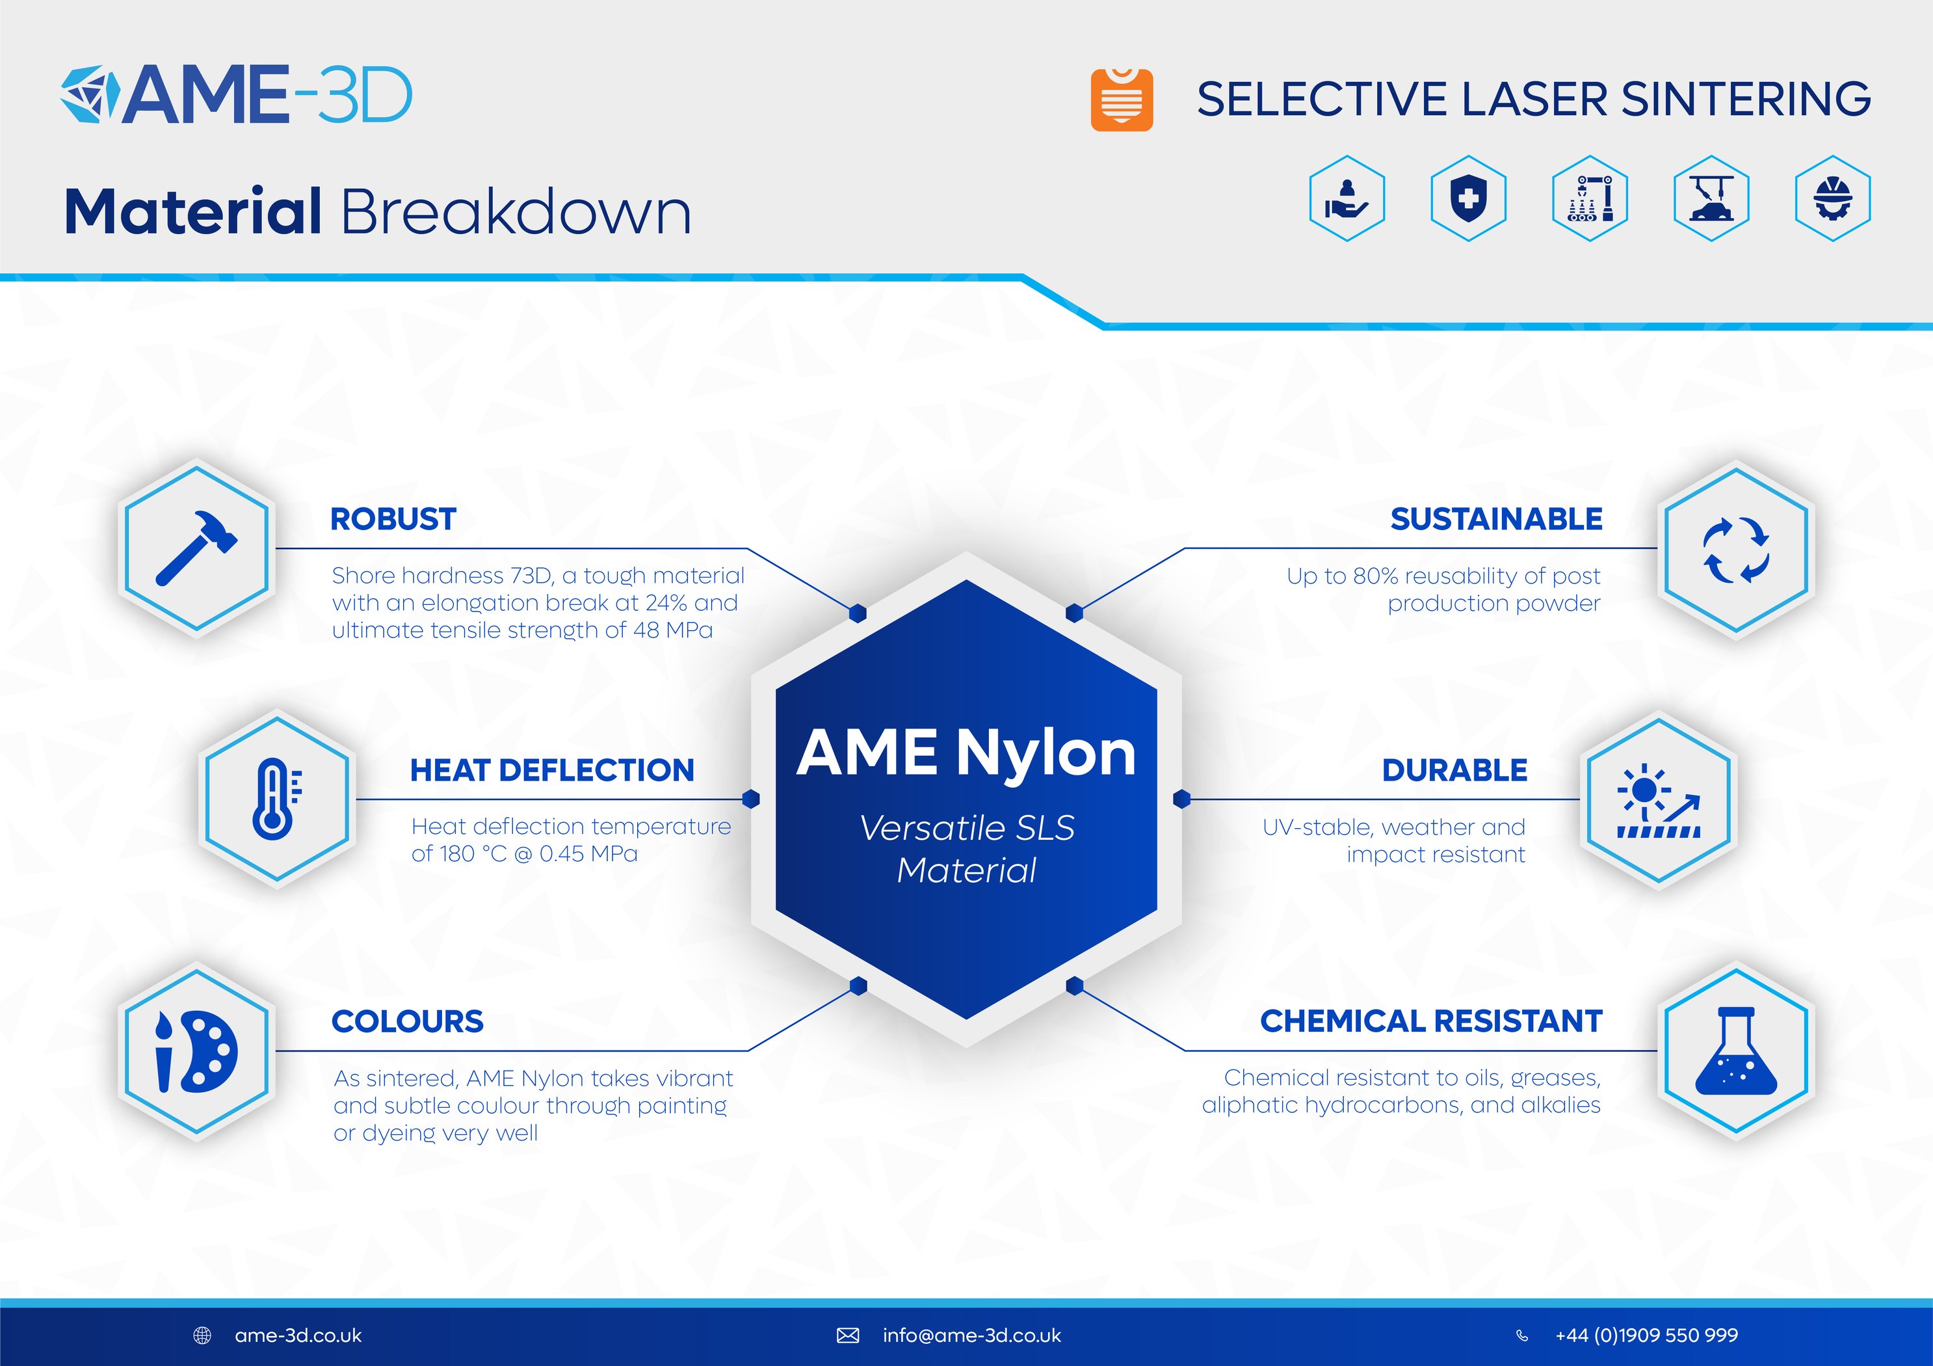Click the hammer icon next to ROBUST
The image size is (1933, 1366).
[196, 548]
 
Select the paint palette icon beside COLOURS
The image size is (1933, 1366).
[196, 1051]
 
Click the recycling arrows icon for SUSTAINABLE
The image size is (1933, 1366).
[1735, 549]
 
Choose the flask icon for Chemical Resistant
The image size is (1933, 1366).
[1735, 1051]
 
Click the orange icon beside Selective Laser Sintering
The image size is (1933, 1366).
[1122, 100]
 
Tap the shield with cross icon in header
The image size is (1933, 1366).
[1468, 199]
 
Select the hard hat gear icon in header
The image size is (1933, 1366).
[1832, 199]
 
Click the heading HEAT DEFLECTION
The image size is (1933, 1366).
[551, 770]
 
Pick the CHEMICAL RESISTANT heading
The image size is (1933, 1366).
[1430, 1021]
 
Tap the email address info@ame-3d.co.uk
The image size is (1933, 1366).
[971, 1335]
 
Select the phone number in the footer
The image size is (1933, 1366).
[1646, 1335]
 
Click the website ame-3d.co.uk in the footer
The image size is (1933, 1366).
[298, 1335]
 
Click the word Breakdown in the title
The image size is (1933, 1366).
[515, 211]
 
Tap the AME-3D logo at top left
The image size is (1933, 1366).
[237, 94]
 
